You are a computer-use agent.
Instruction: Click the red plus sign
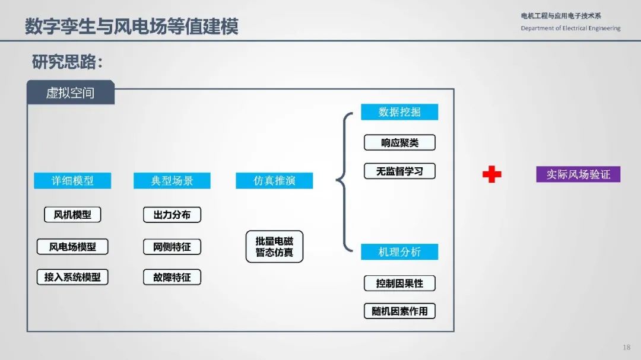pyautogui.click(x=492, y=174)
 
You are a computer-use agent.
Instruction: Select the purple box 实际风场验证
pyautogui.click(x=578, y=174)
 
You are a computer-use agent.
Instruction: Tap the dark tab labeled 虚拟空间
pyautogui.click(x=70, y=93)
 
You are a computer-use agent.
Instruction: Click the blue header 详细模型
pyautogui.click(x=72, y=181)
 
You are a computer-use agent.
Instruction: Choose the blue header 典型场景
pyautogui.click(x=172, y=181)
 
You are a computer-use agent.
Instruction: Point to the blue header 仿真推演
pyautogui.click(x=274, y=181)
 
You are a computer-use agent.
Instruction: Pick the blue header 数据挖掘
pyautogui.click(x=399, y=112)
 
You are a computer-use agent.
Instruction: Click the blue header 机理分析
pyautogui.click(x=399, y=251)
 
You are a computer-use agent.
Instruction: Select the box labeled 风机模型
pyautogui.click(x=72, y=215)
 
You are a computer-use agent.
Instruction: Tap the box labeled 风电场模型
pyautogui.click(x=72, y=247)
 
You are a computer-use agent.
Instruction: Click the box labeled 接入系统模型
pyautogui.click(x=72, y=277)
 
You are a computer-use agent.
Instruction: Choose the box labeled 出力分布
pyautogui.click(x=172, y=215)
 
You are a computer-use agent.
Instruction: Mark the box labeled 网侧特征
pyautogui.click(x=172, y=247)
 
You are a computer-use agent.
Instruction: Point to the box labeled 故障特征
pyautogui.click(x=172, y=277)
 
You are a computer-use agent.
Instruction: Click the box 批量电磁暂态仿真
pyautogui.click(x=274, y=246)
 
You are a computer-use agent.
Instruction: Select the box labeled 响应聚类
pyautogui.click(x=399, y=142)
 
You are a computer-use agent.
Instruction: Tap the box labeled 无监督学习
pyautogui.click(x=399, y=171)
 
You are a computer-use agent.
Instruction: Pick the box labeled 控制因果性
pyautogui.click(x=399, y=283)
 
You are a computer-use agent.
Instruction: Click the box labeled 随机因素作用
pyautogui.click(x=399, y=311)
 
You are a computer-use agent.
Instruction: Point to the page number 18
pyautogui.click(x=626, y=348)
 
